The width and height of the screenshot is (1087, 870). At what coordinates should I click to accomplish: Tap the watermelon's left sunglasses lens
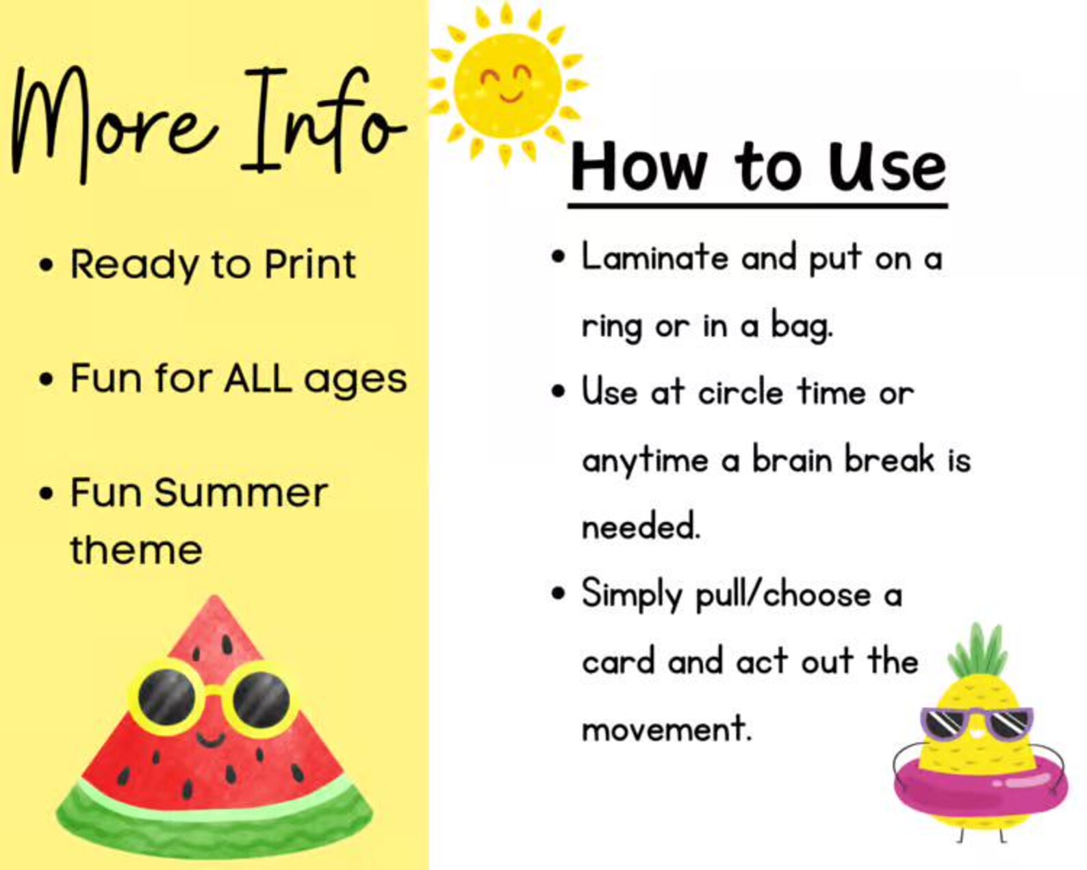pyautogui.click(x=166, y=697)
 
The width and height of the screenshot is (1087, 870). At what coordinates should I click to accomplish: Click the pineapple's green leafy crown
pyautogui.click(x=978, y=651)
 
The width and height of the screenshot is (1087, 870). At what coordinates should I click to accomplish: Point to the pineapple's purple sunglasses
pyautogui.click(x=977, y=723)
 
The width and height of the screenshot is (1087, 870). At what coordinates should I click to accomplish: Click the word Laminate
pyautogui.click(x=655, y=258)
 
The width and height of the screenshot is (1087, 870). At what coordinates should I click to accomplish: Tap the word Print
pyautogui.click(x=310, y=264)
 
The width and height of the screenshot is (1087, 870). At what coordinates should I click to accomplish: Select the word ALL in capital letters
pyautogui.click(x=258, y=378)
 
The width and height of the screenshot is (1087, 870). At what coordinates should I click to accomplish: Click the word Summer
pyautogui.click(x=241, y=493)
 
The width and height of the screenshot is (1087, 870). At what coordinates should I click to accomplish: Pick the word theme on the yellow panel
pyautogui.click(x=136, y=550)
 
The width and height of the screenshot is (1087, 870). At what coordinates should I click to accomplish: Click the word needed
pyautogui.click(x=641, y=527)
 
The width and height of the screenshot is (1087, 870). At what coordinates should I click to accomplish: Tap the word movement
pyautogui.click(x=666, y=729)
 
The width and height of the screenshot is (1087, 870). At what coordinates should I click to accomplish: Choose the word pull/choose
pyautogui.click(x=783, y=595)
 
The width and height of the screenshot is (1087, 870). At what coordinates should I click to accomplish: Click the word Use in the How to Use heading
pyautogui.click(x=887, y=168)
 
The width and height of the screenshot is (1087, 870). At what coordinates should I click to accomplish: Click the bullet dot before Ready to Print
pyautogui.click(x=46, y=265)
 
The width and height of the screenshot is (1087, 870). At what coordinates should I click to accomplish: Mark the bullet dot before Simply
pyautogui.click(x=559, y=593)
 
